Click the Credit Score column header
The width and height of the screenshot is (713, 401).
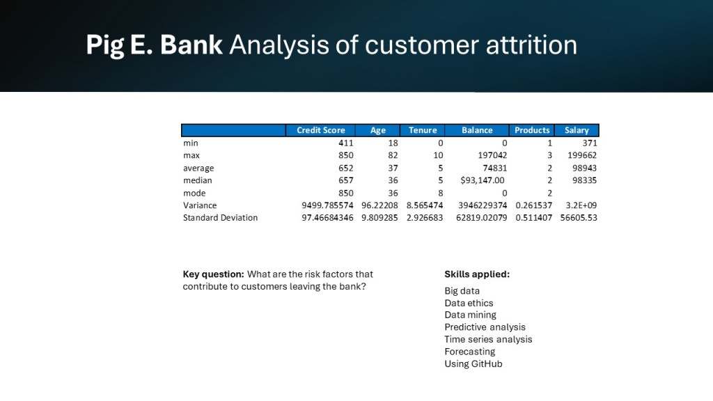(x=320, y=130)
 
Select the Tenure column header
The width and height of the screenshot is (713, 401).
(x=423, y=130)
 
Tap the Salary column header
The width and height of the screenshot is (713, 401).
(x=577, y=130)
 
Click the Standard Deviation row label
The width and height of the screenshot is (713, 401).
(x=220, y=218)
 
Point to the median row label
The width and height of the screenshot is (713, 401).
(x=197, y=180)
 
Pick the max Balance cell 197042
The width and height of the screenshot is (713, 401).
(x=492, y=155)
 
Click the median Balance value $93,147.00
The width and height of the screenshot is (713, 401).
(x=482, y=180)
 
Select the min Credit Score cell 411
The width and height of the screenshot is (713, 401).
(x=345, y=143)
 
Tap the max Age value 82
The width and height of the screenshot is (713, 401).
(x=393, y=155)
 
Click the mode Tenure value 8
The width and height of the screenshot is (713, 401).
(x=440, y=194)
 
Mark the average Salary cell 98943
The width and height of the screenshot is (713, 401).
(x=584, y=168)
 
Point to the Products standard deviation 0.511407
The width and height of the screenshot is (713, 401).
(x=533, y=218)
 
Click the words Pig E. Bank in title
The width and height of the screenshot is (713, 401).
(x=154, y=45)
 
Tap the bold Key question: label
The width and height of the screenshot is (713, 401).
(x=213, y=274)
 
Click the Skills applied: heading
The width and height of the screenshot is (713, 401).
(x=477, y=274)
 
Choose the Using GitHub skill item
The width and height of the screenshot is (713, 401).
(x=473, y=363)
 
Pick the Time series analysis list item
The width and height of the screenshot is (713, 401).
(x=488, y=339)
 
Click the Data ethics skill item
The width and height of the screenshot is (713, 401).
(x=469, y=303)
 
